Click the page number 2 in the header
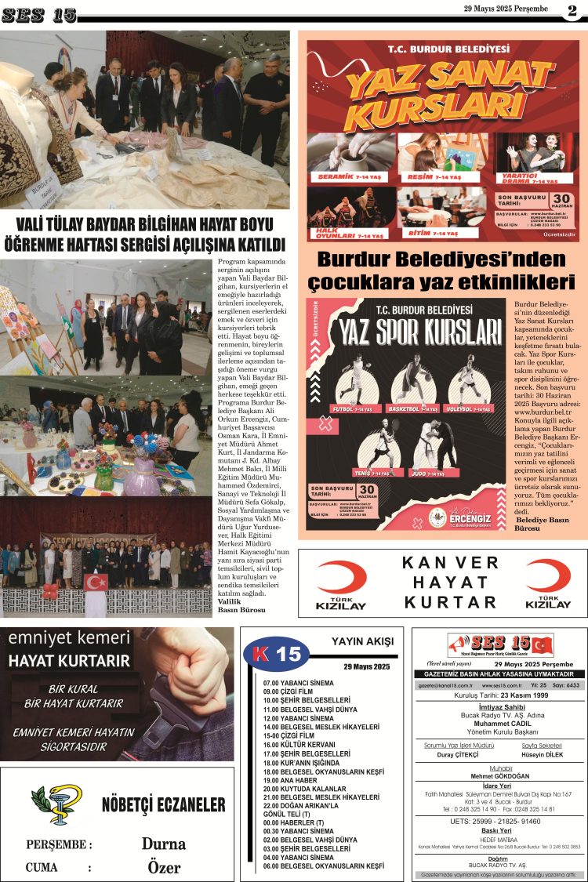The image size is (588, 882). pyautogui.click(x=572, y=10)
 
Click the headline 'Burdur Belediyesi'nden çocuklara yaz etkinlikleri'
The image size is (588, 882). pyautogui.click(x=442, y=270)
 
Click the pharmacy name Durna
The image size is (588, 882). pyautogui.click(x=163, y=844)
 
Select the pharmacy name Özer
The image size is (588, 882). pyautogui.click(x=164, y=867)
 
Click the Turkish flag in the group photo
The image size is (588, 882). pyautogui.click(x=96, y=582)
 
